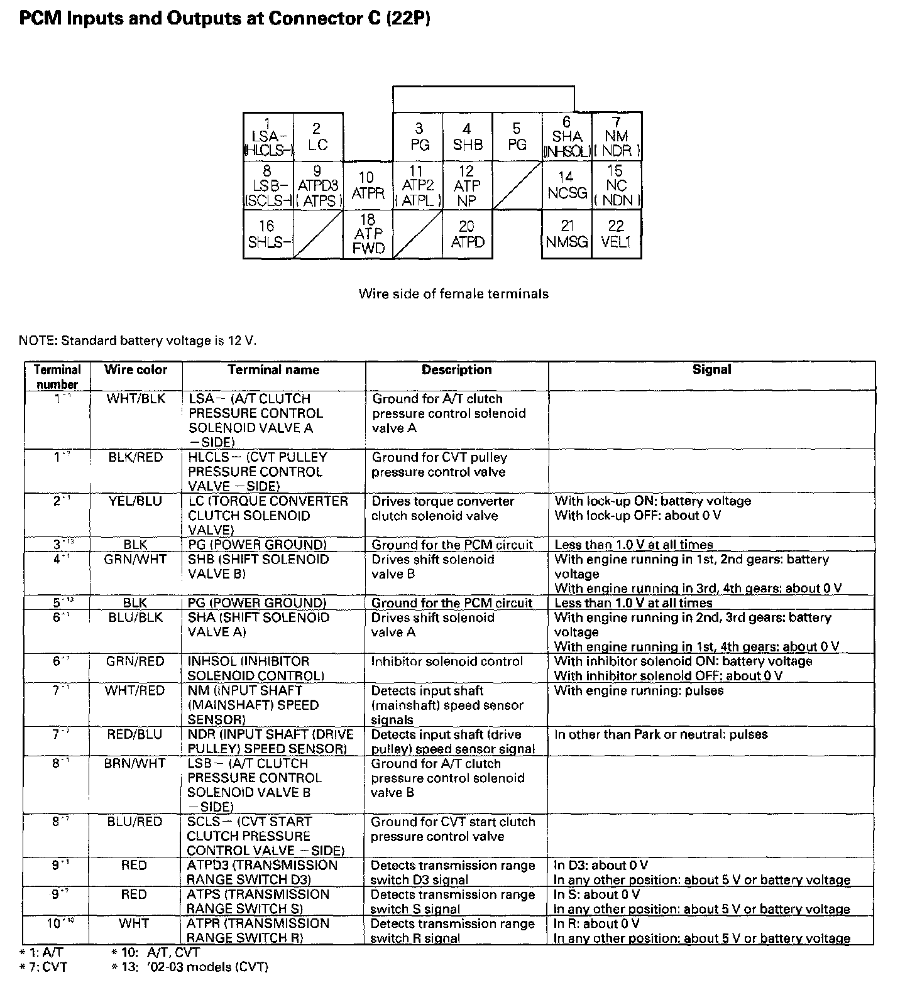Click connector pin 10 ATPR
[368, 185]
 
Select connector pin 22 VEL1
[617, 234]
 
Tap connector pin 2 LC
[318, 137]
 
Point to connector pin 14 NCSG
[567, 185]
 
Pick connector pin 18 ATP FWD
[368, 234]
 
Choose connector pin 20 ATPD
[468, 234]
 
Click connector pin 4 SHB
[468, 137]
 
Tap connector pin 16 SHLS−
[268, 234]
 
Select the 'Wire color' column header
[136, 370]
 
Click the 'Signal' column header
[711, 370]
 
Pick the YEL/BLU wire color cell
[135, 501]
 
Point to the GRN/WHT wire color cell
[135, 559]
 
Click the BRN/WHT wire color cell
[135, 764]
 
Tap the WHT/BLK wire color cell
[136, 399]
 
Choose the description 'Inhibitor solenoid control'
[446, 661]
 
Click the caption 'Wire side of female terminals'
[453, 294]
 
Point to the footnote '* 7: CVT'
[43, 967]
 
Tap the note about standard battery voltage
[138, 341]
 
